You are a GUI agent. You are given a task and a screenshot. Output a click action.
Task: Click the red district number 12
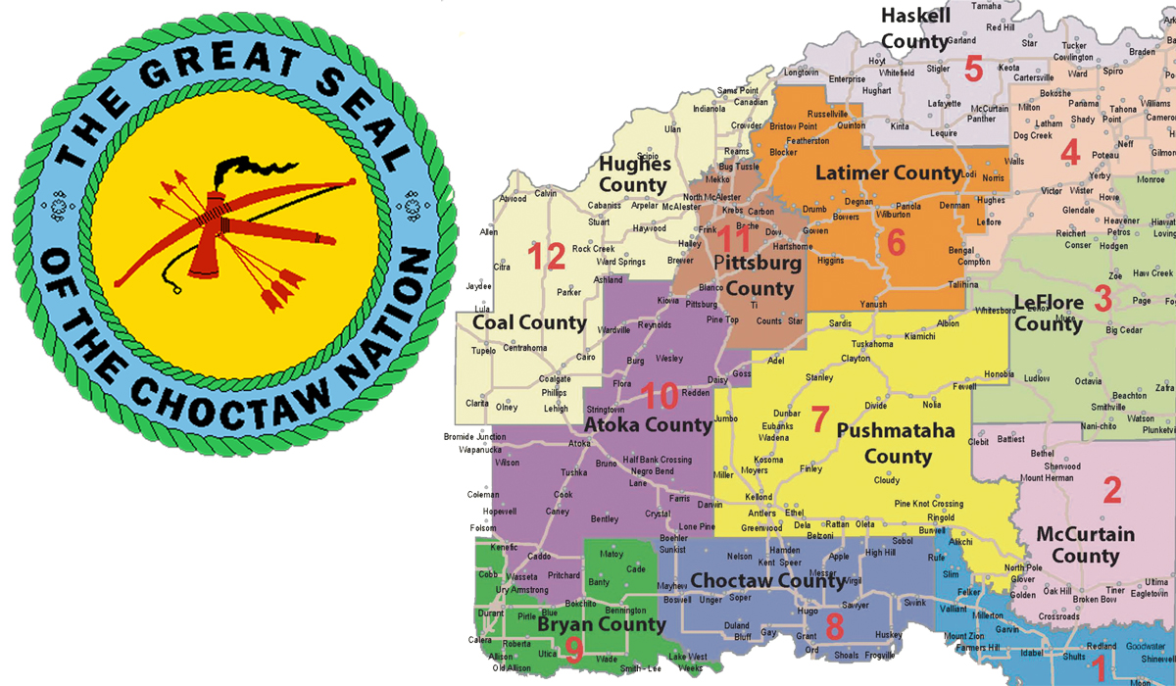pos(547,257)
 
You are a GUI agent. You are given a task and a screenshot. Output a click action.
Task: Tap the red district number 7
pos(819,419)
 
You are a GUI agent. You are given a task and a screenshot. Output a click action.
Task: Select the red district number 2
pos(1111,489)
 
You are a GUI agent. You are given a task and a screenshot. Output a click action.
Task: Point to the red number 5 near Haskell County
pos(973,70)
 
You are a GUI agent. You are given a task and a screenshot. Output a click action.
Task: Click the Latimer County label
pos(888,173)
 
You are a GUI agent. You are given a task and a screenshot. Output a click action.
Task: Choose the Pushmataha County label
pos(884,443)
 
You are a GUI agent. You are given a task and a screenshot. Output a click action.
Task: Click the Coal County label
pos(529,322)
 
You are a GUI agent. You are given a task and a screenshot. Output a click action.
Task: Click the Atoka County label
pos(647,424)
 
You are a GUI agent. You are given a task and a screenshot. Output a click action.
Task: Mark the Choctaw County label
pos(767,580)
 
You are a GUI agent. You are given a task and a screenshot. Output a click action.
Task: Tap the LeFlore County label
pos(1049,312)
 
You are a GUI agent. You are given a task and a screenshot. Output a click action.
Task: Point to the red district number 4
pos(1070,153)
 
